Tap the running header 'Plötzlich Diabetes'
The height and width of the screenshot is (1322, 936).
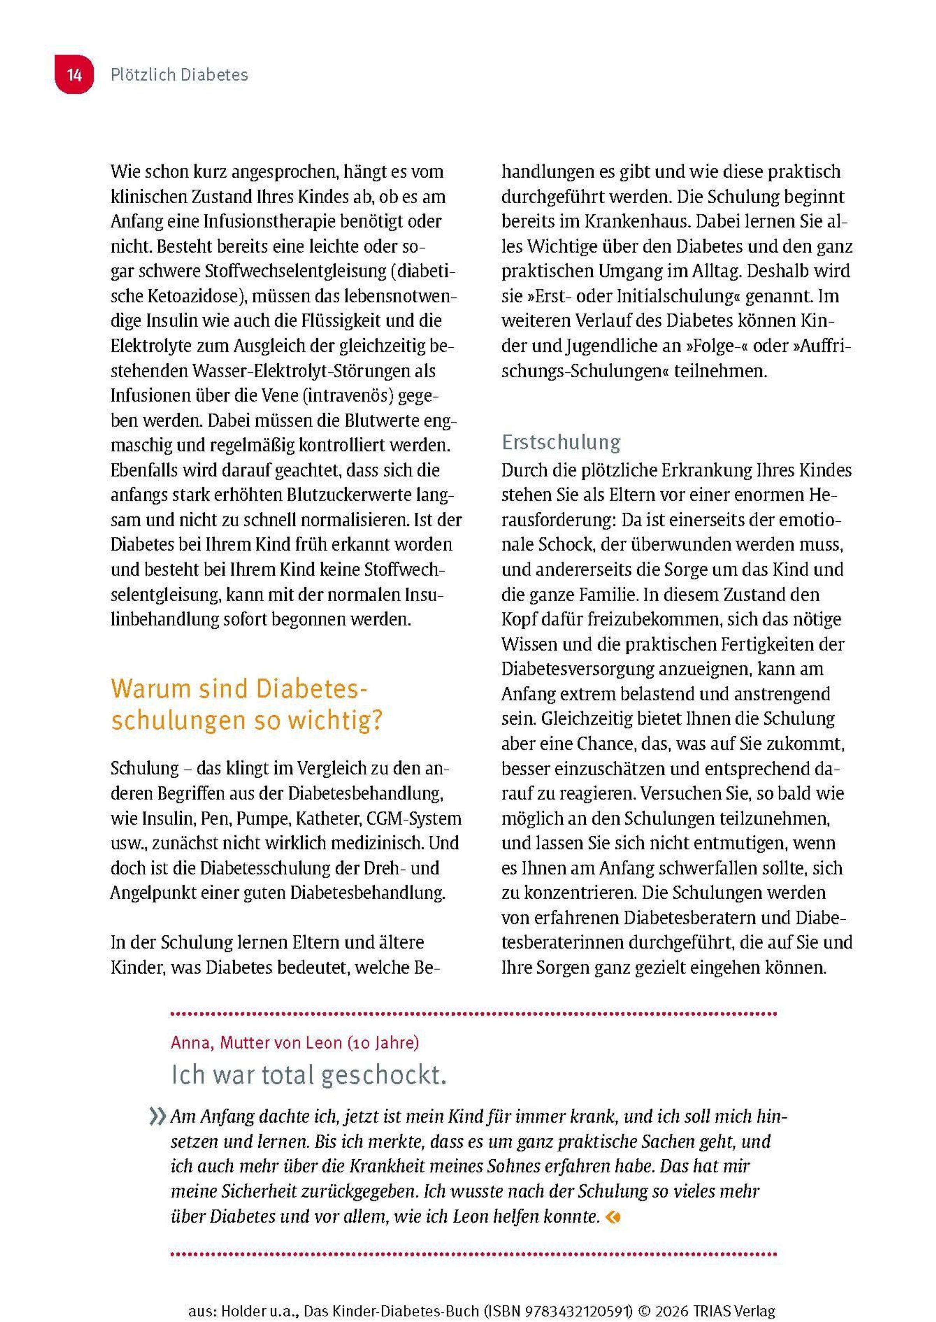[179, 75]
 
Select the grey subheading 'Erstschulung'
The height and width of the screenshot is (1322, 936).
[561, 442]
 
